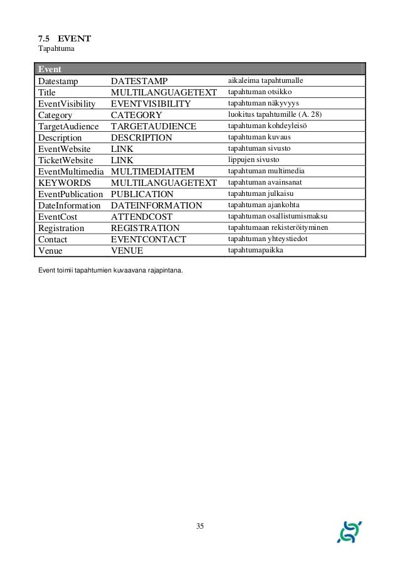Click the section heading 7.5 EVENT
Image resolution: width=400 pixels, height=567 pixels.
pyautogui.click(x=64, y=40)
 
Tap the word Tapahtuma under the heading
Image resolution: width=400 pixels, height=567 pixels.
pyautogui.click(x=56, y=50)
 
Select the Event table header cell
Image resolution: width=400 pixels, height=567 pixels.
pyautogui.click(x=50, y=68)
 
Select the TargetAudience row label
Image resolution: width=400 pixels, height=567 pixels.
pyautogui.click(x=68, y=126)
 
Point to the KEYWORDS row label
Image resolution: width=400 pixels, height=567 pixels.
pyautogui.click(x=63, y=183)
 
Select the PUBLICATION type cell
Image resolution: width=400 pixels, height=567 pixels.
pyautogui.click(x=142, y=194)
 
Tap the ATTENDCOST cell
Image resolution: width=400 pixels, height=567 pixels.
pyautogui.click(x=142, y=217)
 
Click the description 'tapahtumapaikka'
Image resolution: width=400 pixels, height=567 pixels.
pyautogui.click(x=255, y=251)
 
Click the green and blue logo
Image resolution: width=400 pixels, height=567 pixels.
pyautogui.click(x=349, y=531)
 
